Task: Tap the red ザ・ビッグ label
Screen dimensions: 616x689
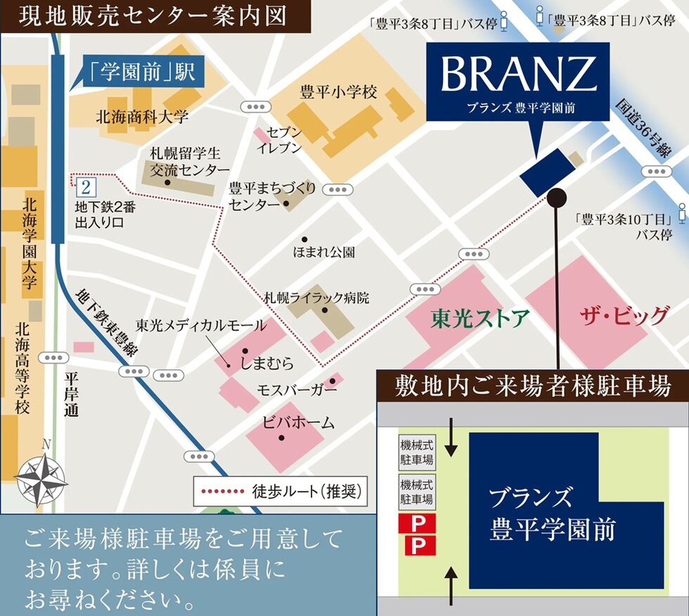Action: pos(624,316)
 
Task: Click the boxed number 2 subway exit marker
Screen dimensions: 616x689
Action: pos(86,187)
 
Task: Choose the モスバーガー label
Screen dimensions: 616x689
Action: pos(297,390)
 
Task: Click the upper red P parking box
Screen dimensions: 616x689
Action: pos(417,523)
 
